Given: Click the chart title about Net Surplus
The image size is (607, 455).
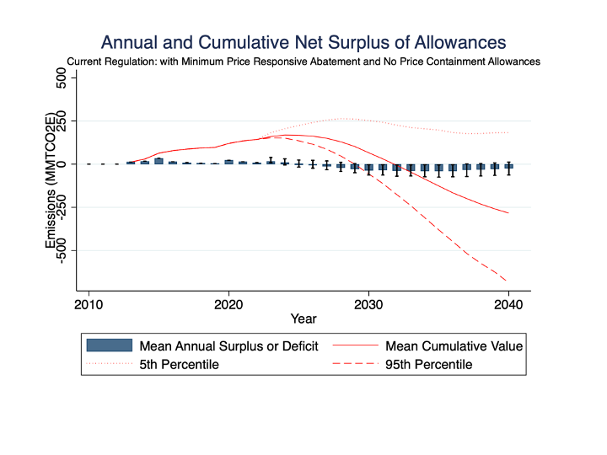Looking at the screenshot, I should [x=303, y=42].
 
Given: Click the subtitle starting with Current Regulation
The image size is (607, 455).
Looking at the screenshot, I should [x=303, y=62].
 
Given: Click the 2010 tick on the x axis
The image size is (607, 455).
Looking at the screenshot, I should [x=89, y=303].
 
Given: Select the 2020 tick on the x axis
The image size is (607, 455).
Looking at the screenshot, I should [x=228, y=303].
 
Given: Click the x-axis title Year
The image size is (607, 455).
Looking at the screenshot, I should [x=303, y=318].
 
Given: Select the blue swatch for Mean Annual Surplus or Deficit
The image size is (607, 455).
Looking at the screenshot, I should [x=109, y=345].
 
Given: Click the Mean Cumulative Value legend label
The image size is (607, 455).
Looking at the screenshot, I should [x=454, y=345].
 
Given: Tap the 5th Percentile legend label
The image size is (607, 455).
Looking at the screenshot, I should [x=179, y=365].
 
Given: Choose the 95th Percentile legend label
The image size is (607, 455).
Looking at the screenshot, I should [x=428, y=365].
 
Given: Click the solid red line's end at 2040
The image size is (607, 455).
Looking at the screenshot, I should [x=508, y=213].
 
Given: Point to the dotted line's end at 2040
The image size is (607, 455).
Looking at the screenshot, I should [x=508, y=132].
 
